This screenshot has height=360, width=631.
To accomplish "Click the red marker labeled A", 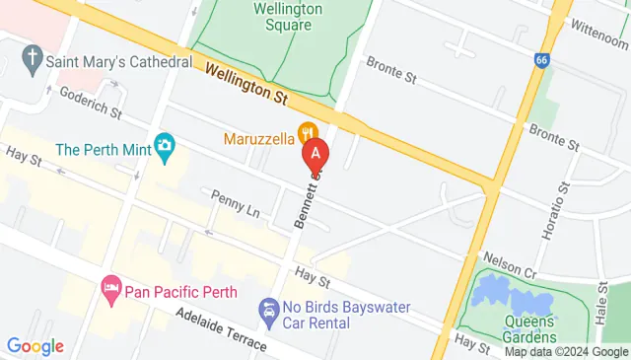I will pos(315,154).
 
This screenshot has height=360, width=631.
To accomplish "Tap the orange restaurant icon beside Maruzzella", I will pos(308,131).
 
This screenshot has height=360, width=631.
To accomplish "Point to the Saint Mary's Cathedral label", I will pos(118,62).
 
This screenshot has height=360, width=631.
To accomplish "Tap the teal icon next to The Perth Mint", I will pos(165,147).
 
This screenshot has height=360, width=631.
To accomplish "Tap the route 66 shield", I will pos(541,60).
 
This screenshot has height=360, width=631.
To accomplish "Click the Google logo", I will pos(35,345).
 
